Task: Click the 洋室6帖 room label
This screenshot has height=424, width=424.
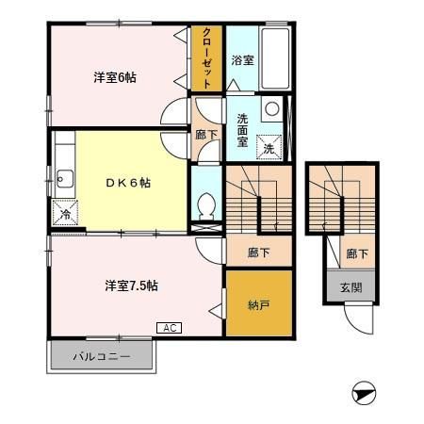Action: (x=115, y=77)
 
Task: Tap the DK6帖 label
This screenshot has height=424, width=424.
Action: (x=128, y=183)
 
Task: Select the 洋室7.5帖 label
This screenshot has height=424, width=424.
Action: (x=131, y=285)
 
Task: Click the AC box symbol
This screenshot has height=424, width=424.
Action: (x=169, y=328)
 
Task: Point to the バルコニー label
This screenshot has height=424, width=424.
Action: (x=102, y=356)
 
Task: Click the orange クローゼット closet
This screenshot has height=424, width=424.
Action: (x=206, y=58)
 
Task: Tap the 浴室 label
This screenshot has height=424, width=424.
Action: (x=242, y=60)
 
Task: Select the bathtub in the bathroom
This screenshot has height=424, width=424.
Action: (x=275, y=58)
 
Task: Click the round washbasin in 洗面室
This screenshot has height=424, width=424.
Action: (x=272, y=108)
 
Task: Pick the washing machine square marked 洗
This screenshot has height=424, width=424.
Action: (x=269, y=147)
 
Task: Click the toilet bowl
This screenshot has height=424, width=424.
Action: (x=206, y=205)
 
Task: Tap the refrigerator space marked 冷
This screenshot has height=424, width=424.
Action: (x=65, y=212)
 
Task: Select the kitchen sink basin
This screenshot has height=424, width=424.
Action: (x=64, y=179)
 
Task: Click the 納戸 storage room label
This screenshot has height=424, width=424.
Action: (x=259, y=305)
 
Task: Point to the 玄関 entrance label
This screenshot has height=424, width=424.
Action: (x=351, y=287)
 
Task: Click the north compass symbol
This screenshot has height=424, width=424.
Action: (x=364, y=393)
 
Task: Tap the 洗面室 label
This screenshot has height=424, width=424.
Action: (x=242, y=130)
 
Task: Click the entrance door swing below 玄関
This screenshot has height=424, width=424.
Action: (x=359, y=318)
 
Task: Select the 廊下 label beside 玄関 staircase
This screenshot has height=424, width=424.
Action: (x=357, y=253)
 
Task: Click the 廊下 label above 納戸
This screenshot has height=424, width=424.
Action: (x=258, y=253)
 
